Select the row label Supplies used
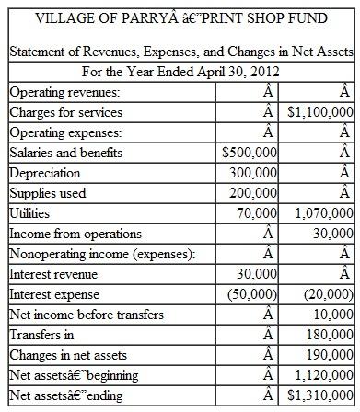48,193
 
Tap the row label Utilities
34,213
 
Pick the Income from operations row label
75,234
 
